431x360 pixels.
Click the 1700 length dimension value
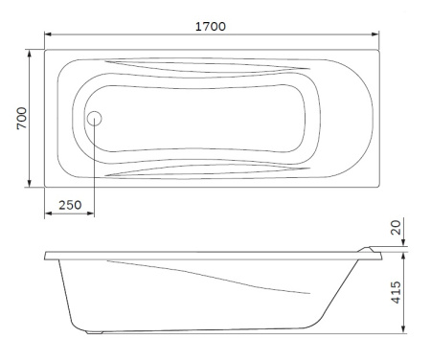pyautogui.click(x=212, y=26)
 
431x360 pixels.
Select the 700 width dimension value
pyautogui.click(x=21, y=119)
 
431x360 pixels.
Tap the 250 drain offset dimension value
pyautogui.click(x=69, y=203)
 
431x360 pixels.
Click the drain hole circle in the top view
pyautogui.click(x=95, y=119)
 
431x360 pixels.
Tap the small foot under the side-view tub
pyautogui.click(x=92, y=333)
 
